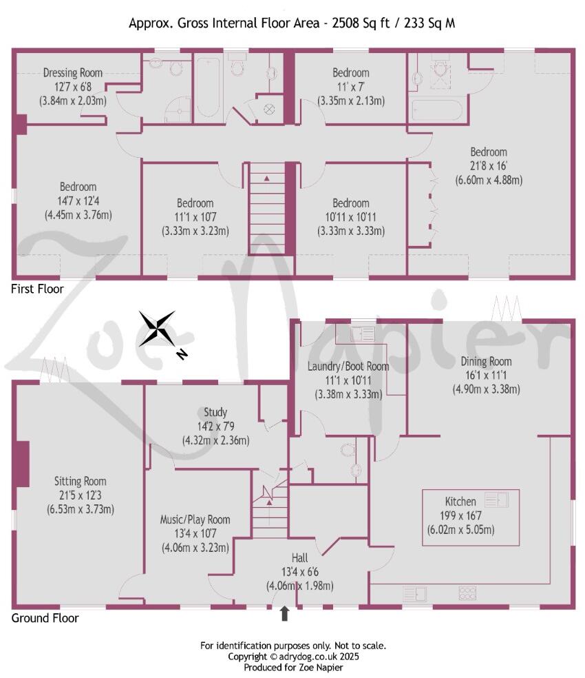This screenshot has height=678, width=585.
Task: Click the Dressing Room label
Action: [73, 72]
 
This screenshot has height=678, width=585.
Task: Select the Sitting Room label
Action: [81, 482]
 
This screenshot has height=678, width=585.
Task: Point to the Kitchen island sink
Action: [496, 500]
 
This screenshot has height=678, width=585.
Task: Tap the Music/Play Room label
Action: [196, 520]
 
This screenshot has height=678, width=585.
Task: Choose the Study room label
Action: [215, 413]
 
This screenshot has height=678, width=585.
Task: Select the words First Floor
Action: [37, 289]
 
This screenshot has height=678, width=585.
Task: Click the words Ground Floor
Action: [45, 618]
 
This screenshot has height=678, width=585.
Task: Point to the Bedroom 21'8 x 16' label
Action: [489, 152]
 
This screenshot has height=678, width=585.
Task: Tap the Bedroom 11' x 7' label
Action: [351, 72]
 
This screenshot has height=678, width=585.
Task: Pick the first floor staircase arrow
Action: [266, 178]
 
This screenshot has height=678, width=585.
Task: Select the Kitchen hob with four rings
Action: [468, 593]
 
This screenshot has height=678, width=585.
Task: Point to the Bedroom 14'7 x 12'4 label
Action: [78, 187]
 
